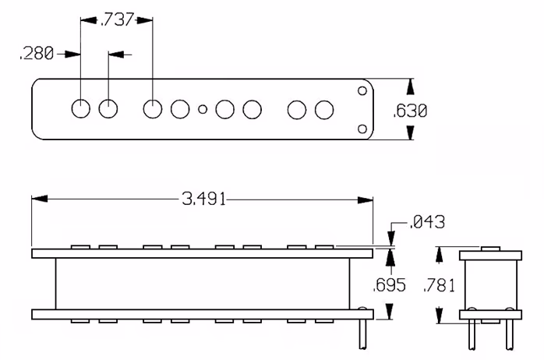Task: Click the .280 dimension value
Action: click(37, 54)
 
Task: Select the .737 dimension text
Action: click(117, 20)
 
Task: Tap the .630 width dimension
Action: click(410, 111)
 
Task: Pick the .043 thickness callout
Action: click(426, 224)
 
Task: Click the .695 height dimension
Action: click(390, 284)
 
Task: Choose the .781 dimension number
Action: click(440, 287)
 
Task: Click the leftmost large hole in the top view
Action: click(81, 109)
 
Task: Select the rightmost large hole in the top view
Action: click(323, 110)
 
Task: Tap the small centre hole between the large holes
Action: click(203, 110)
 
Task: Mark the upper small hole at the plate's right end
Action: click(362, 91)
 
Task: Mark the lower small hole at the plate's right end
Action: click(362, 129)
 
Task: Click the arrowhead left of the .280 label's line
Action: click(76, 54)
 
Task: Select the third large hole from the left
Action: click(153, 109)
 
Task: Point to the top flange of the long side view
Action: click(203, 253)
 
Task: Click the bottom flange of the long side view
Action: click(203, 314)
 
